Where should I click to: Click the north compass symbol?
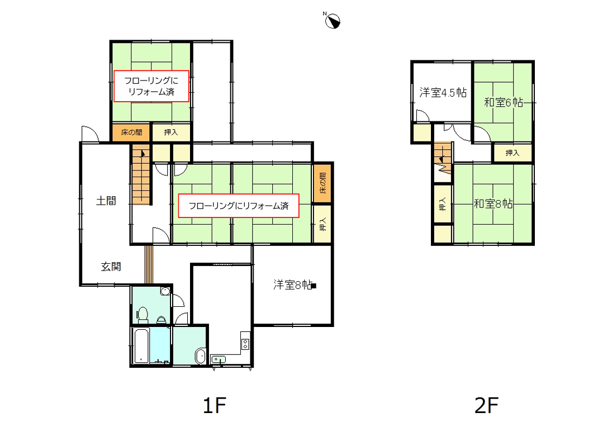333,21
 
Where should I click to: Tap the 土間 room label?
106,201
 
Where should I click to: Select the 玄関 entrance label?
111,266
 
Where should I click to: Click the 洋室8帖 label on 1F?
292,285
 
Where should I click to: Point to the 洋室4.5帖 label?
443,92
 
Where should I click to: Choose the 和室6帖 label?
504,102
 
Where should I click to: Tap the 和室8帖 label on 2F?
493,204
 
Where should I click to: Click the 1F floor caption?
215,405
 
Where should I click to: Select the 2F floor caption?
487,405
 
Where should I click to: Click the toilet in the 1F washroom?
143,315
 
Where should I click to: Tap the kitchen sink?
219,359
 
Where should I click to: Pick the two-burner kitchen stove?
245,344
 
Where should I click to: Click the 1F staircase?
141,175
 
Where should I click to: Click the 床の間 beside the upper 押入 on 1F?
131,132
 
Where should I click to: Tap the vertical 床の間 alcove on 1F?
322,183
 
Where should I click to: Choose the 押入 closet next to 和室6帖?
512,153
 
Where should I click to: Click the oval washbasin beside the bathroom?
200,355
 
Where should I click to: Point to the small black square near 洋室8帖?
314,286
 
